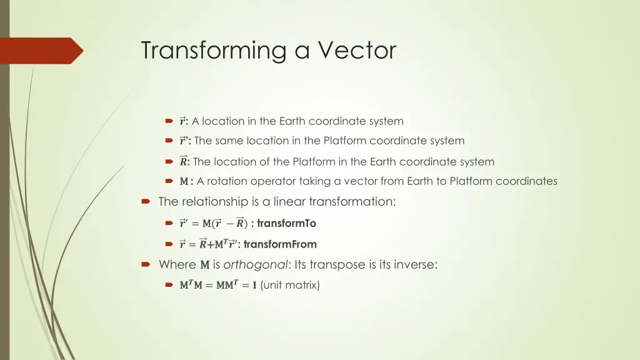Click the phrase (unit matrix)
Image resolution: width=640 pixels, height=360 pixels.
click(290, 286)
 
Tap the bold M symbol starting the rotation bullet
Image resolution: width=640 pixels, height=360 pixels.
click(184, 182)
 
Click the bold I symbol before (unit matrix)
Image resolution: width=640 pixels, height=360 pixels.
click(254, 286)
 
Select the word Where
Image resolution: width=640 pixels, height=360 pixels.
click(177, 264)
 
